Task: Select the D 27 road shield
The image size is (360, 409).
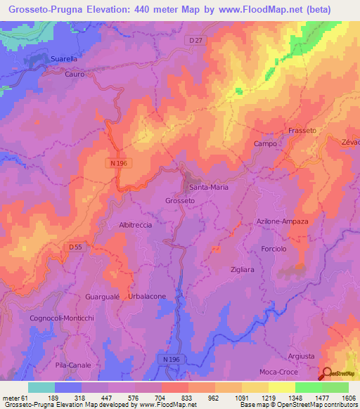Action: [x=198, y=41]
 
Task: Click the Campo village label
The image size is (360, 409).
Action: [x=264, y=143]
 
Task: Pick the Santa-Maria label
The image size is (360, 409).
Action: [x=205, y=188]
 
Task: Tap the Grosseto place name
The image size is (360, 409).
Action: [x=180, y=200]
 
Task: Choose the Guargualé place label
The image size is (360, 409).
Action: [x=103, y=297]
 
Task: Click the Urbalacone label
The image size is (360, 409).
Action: [x=147, y=297]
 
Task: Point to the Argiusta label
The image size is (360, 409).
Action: [x=302, y=356]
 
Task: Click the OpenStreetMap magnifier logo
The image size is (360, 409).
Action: [x=326, y=373]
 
